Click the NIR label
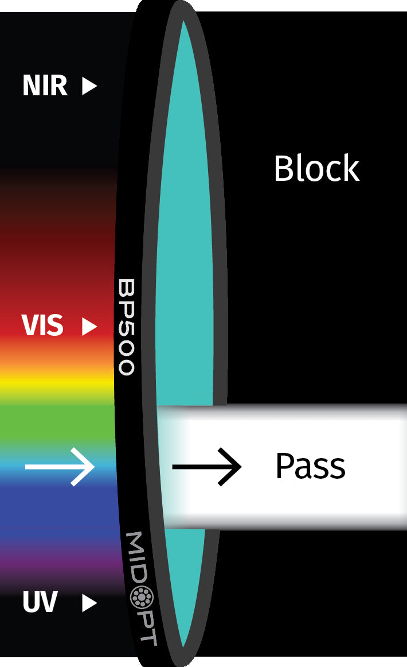tap(45, 86)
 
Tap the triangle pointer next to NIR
tap(89, 86)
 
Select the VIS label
tap(42, 325)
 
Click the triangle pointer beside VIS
tap(89, 326)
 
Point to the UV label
tap(40, 602)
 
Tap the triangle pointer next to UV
tap(89, 603)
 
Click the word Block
tap(317, 168)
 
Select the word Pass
tap(311, 466)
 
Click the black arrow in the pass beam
tap(207, 467)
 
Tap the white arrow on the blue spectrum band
tap(60, 467)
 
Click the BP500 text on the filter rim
tap(126, 327)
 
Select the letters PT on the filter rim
tap(148, 628)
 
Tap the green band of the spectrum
tap(57, 423)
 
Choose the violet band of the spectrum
tap(60, 557)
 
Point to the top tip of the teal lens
tap(183, 21)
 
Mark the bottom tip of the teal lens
tap(183, 647)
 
